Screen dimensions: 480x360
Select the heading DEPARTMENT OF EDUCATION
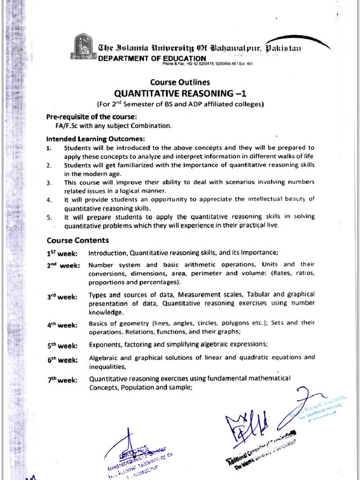(152, 58)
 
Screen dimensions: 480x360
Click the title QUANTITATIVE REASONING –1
(180, 93)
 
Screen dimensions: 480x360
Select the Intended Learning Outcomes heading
(96, 139)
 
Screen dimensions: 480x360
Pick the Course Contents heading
(77, 240)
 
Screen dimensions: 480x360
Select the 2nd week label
(63, 265)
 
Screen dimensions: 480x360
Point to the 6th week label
(62, 360)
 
